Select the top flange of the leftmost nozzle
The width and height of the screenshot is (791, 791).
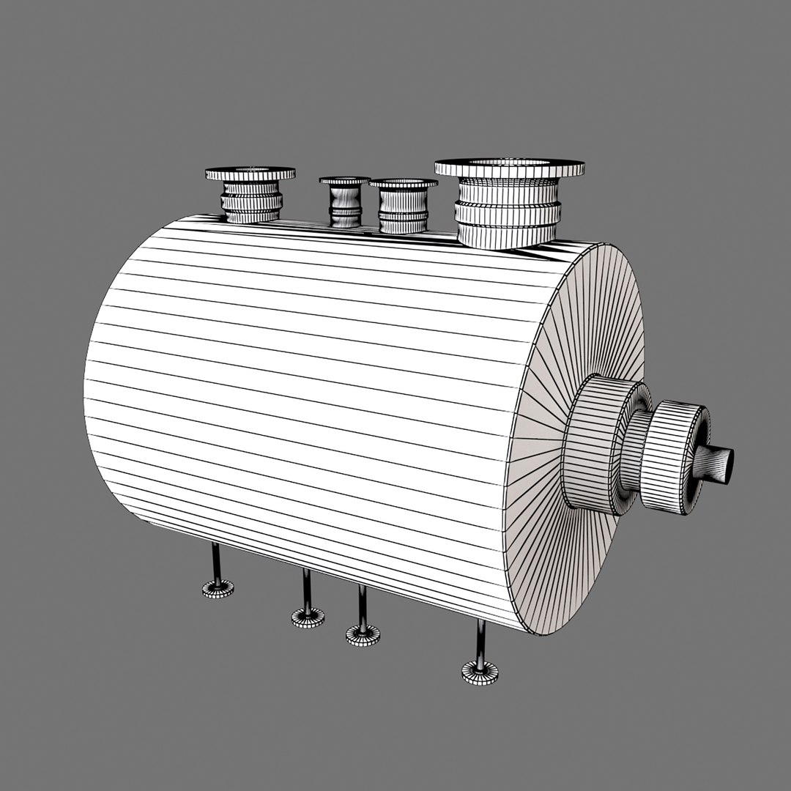(250, 174)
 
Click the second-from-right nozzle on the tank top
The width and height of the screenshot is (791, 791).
(403, 207)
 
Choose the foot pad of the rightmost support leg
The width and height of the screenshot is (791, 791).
(480, 672)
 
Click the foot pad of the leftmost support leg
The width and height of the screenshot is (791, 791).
(218, 588)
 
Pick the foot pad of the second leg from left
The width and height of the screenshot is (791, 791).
(308, 617)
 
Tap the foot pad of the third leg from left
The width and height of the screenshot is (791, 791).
(363, 634)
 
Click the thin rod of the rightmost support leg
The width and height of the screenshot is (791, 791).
(480, 642)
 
